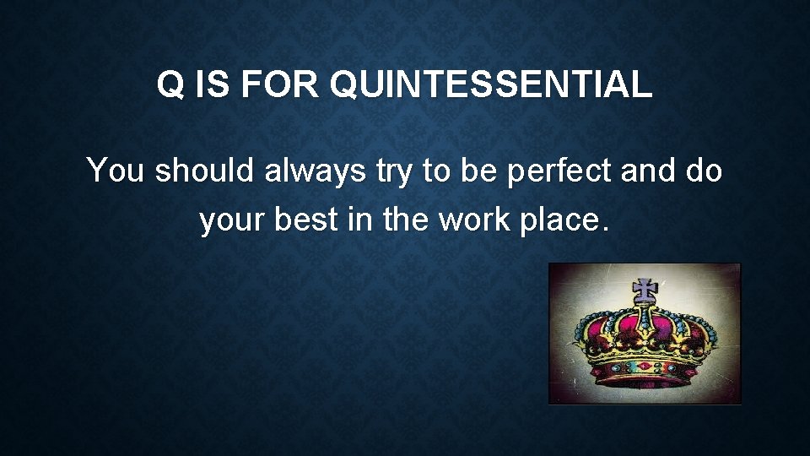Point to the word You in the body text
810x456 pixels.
[x=117, y=171]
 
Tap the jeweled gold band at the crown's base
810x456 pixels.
[x=645, y=367]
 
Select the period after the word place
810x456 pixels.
[x=602, y=229]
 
